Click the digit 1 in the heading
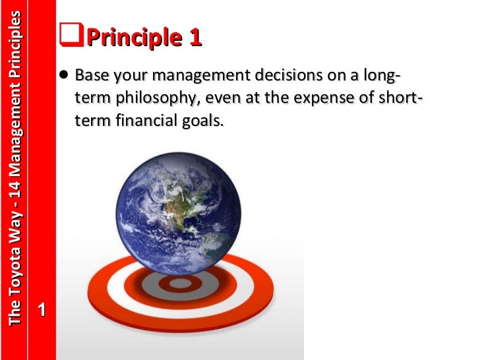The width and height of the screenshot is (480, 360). tap(195, 38)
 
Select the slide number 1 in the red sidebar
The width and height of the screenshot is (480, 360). tap(42, 309)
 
